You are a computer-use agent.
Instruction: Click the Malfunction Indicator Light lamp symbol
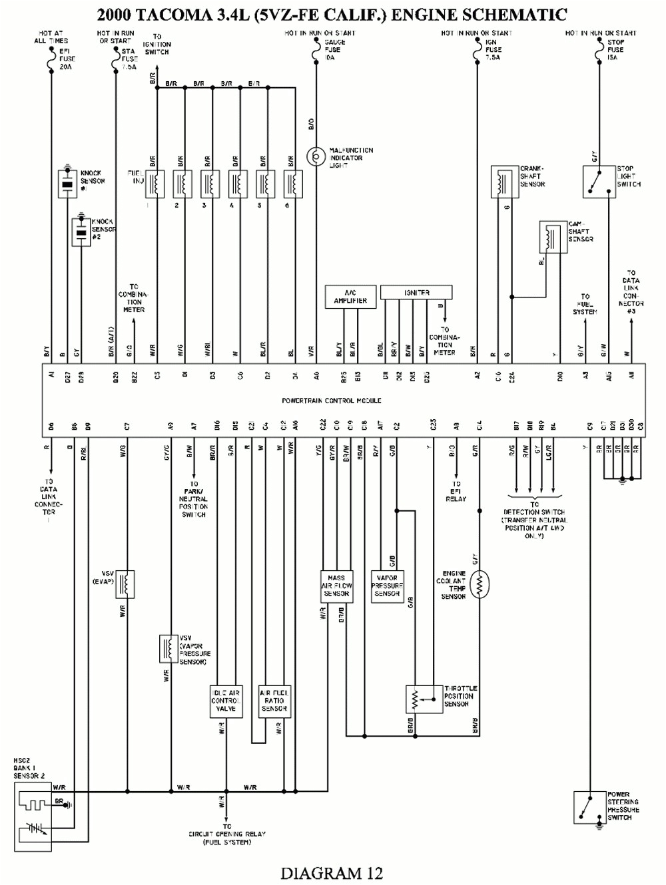pos(314,157)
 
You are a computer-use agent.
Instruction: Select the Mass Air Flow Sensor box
pos(336,586)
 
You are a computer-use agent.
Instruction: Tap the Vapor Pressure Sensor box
pos(387,586)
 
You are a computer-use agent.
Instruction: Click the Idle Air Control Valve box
pos(226,701)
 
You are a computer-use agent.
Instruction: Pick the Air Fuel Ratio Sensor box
pos(274,701)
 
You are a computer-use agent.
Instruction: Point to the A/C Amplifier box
pos(350,297)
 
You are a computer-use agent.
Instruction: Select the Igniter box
pos(416,292)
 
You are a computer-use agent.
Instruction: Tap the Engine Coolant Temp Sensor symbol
pos(479,584)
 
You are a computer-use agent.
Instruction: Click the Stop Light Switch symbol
pos(599,182)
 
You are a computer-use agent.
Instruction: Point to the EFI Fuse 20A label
pos(65,58)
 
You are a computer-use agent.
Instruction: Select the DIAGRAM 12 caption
pos(332,872)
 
